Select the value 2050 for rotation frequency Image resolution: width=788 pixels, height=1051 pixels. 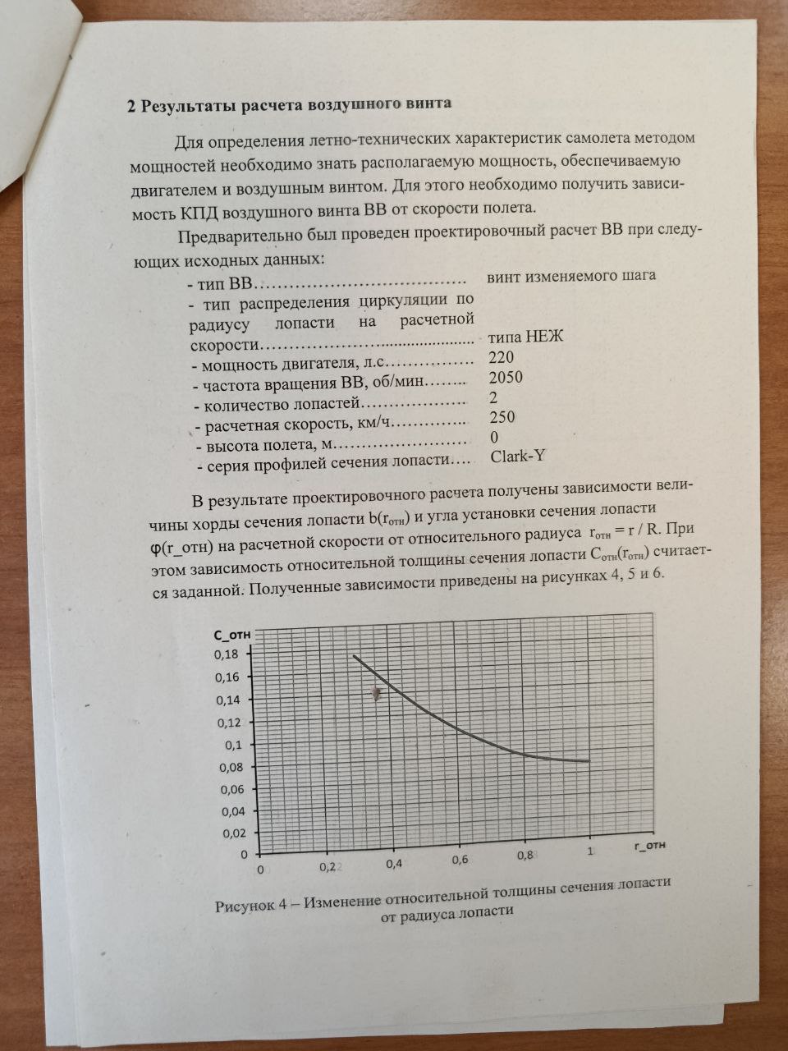pos(505,378)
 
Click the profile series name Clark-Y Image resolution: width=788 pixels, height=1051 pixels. pos(518,457)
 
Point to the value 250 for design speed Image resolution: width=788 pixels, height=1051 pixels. pos(502,417)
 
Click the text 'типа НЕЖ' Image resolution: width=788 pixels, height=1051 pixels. pos(525,337)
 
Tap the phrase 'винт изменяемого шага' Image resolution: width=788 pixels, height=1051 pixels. pos(571,276)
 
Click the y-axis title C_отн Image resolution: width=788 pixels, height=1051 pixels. pos(231,635)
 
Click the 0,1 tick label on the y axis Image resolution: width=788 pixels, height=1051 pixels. pos(233,745)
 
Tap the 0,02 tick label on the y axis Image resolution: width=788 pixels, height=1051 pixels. pos(231,833)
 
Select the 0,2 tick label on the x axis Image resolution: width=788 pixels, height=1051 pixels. pos(326,866)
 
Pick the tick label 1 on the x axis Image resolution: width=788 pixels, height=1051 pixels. pos(590,852)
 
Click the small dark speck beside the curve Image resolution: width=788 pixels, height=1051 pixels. pos(376,694)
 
